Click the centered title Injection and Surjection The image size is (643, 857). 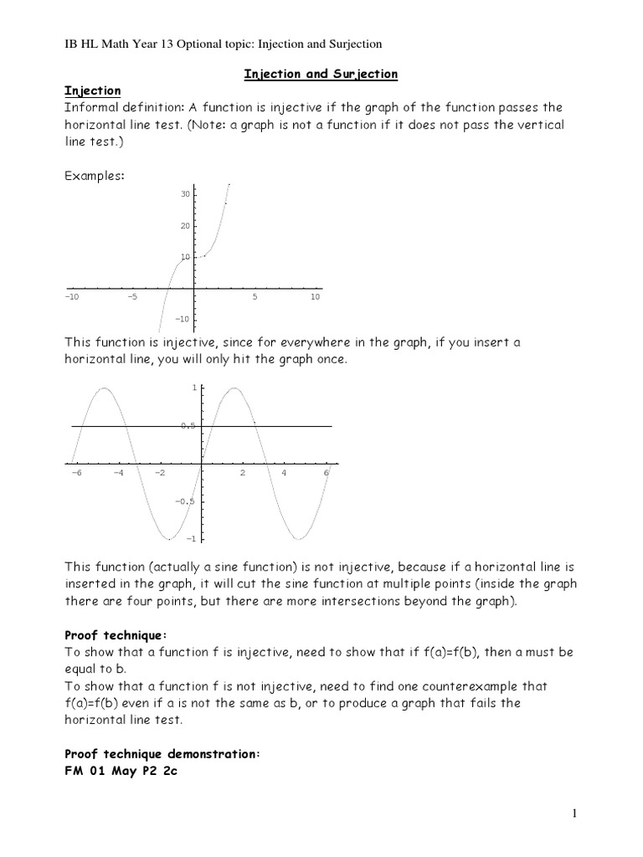[x=321, y=74]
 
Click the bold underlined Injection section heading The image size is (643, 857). [x=93, y=90]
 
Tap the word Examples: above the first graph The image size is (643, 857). [x=95, y=176]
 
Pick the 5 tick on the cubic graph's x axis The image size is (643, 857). [x=255, y=297]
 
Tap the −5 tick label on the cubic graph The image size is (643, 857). [x=132, y=297]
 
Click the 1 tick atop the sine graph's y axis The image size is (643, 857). [x=194, y=388]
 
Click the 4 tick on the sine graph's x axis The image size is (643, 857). [x=284, y=473]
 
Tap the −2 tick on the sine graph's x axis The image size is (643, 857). [x=159, y=473]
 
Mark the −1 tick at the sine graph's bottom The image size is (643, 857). [x=191, y=538]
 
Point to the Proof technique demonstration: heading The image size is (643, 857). [x=163, y=754]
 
